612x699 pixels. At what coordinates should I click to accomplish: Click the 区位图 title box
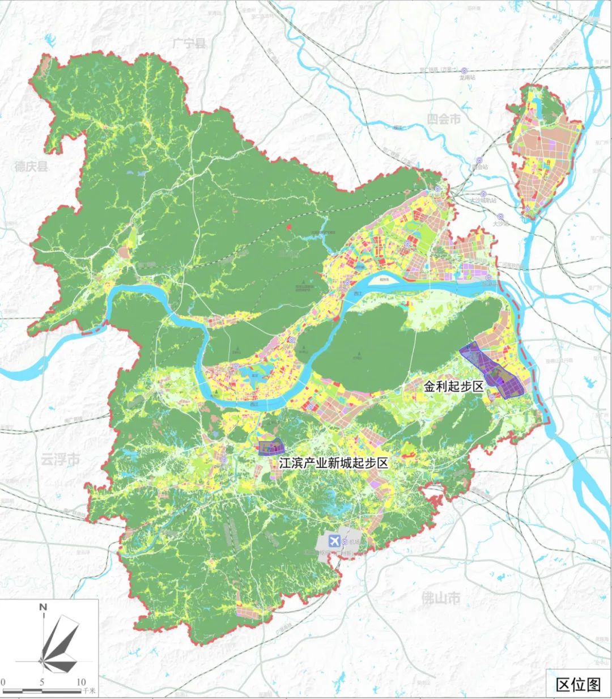click(x=577, y=684)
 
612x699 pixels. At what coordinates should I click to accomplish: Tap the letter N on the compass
click(x=42, y=607)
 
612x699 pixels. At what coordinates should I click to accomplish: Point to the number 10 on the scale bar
click(x=81, y=681)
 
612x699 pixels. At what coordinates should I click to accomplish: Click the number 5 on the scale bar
click(x=42, y=681)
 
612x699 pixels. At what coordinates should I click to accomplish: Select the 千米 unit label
click(x=89, y=691)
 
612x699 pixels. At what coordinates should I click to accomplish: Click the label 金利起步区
click(x=453, y=387)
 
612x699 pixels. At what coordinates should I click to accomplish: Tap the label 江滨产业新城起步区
click(x=333, y=463)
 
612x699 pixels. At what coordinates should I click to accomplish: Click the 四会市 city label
click(x=444, y=119)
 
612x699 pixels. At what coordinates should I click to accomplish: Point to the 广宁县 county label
click(x=190, y=43)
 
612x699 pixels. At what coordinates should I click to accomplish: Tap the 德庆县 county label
click(x=32, y=166)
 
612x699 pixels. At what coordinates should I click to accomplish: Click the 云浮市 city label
click(x=60, y=459)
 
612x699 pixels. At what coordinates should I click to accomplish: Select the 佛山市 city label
click(x=441, y=598)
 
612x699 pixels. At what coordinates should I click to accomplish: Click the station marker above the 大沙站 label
click(x=500, y=216)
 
